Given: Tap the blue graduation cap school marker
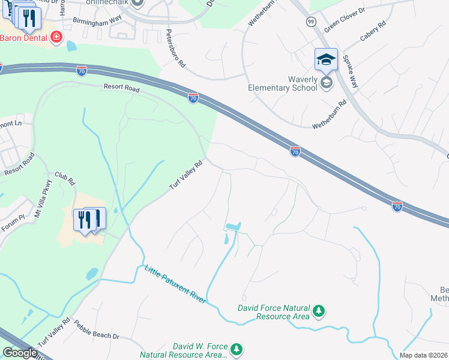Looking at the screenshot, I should (327, 60).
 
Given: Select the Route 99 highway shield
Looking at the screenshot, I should (311, 21).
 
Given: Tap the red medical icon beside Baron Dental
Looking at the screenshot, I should (57, 37).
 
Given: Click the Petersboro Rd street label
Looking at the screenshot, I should (175, 49).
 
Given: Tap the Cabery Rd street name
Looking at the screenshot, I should (373, 33).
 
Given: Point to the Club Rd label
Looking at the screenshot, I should (64, 178).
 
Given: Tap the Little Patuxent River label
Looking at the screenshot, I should (175, 284).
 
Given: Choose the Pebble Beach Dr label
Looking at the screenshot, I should (97, 331).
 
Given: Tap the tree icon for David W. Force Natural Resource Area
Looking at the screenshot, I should (237, 349).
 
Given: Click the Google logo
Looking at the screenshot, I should (19, 353).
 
